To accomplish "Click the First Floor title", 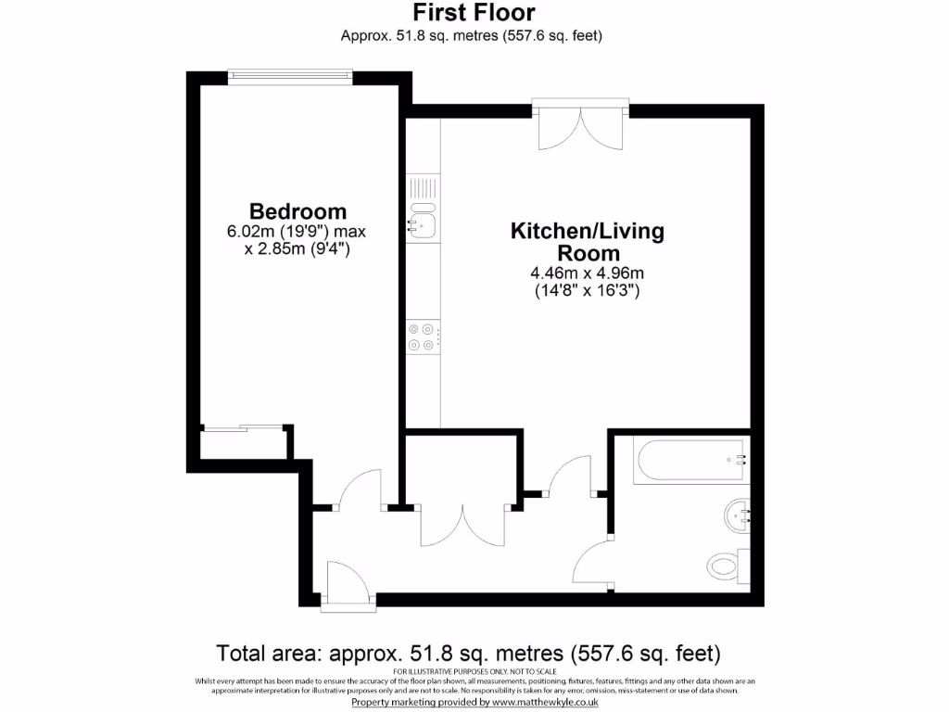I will coord(473,13).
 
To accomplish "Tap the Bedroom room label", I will coord(297,211).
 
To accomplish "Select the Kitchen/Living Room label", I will coord(587,241).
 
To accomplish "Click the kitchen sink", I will coord(423,223).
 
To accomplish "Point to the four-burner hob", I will coord(423,337).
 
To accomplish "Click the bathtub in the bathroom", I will coord(690,461).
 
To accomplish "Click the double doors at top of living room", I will coord(581,125).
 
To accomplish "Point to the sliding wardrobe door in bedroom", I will coord(243,428).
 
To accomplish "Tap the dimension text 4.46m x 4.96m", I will coord(587,273).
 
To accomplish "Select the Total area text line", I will coord(468,653).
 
